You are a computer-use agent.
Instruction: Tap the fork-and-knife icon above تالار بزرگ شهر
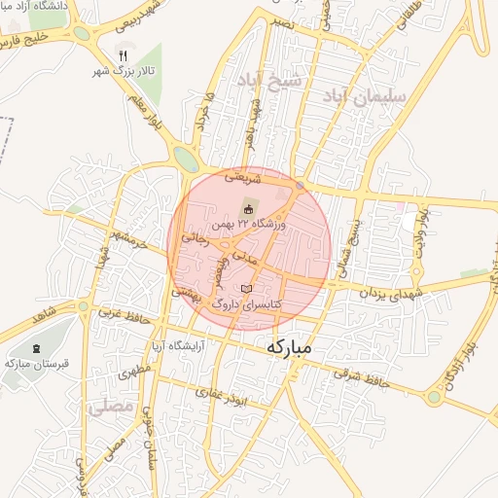pyautogui.click(x=123, y=55)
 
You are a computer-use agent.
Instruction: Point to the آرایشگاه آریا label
pyautogui.click(x=181, y=347)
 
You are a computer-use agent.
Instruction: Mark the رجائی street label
pyautogui.click(x=196, y=236)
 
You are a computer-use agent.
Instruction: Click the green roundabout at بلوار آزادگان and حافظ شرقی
pyautogui.click(x=433, y=397)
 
